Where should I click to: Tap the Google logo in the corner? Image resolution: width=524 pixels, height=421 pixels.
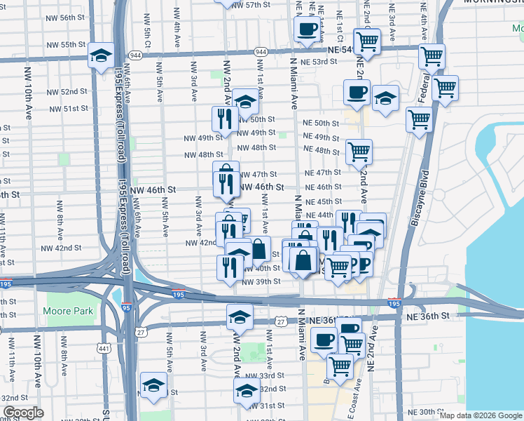point(23,413)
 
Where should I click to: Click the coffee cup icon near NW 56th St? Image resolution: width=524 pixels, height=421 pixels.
point(307,30)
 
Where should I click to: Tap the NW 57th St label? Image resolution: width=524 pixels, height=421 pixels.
point(251,5)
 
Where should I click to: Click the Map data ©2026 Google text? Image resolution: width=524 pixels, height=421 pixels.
point(481,415)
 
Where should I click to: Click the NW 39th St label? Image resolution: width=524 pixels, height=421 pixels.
point(261,281)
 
